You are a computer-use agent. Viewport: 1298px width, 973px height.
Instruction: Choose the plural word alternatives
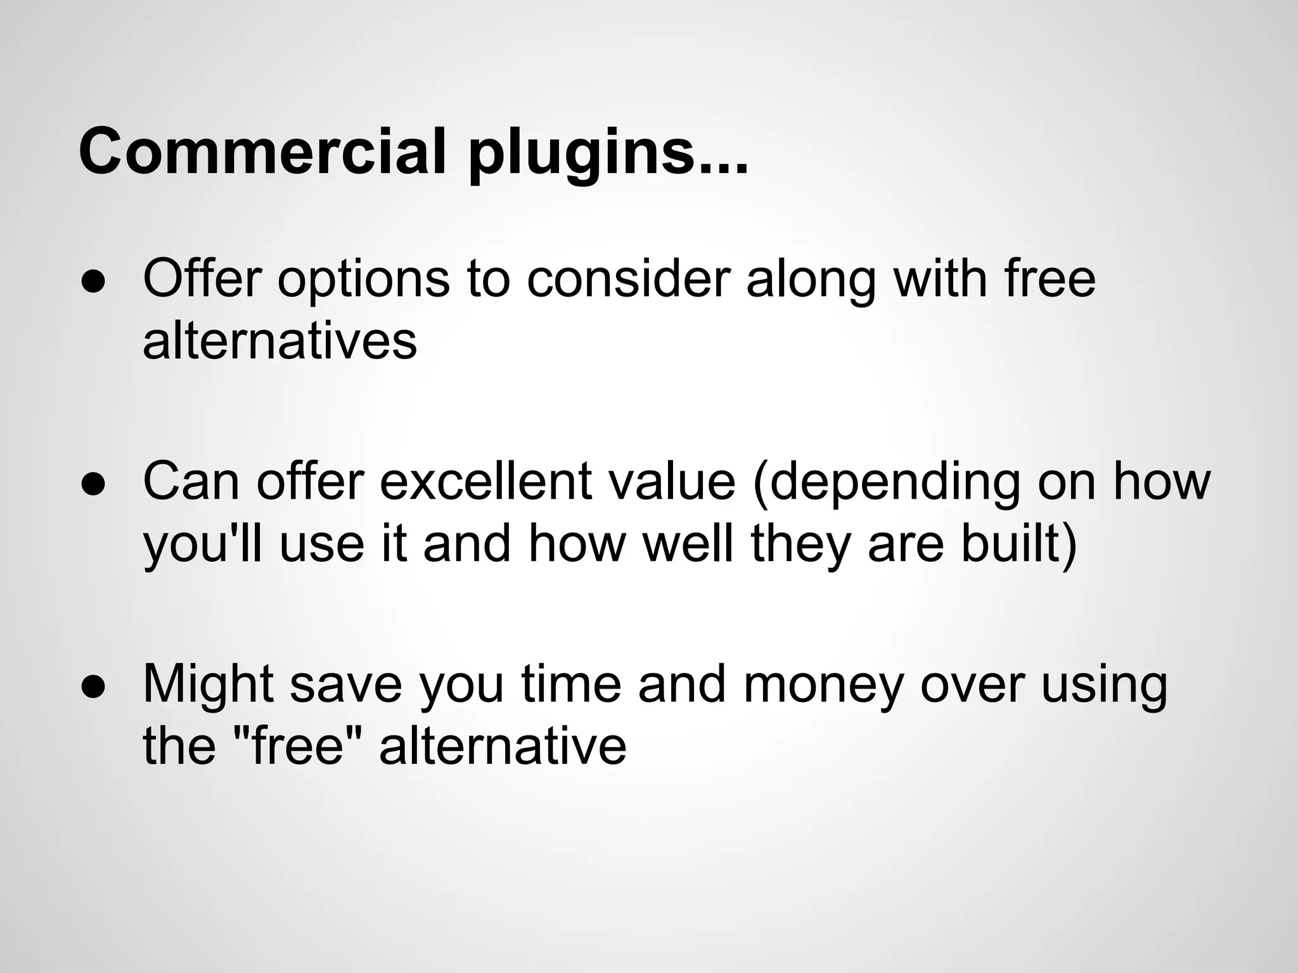[280, 341]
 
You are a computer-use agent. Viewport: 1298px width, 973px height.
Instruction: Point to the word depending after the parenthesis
[894, 483]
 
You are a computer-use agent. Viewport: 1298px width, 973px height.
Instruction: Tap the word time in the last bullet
[571, 684]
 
